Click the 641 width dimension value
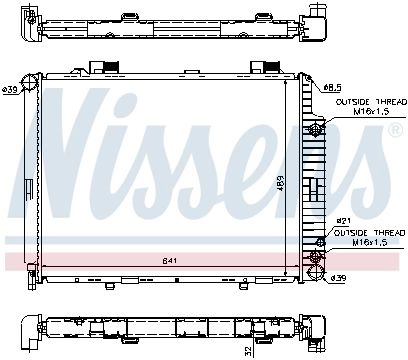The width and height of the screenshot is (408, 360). point(169,261)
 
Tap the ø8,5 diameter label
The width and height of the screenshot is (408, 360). point(332,88)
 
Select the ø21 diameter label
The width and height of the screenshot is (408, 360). point(343,220)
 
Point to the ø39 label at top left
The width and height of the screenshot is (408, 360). point(9,89)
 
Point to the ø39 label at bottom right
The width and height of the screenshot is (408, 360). point(339,278)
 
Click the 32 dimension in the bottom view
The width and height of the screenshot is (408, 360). point(247,350)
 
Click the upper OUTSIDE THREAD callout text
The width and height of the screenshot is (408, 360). point(371,102)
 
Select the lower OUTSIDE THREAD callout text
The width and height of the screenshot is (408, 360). point(369,233)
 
